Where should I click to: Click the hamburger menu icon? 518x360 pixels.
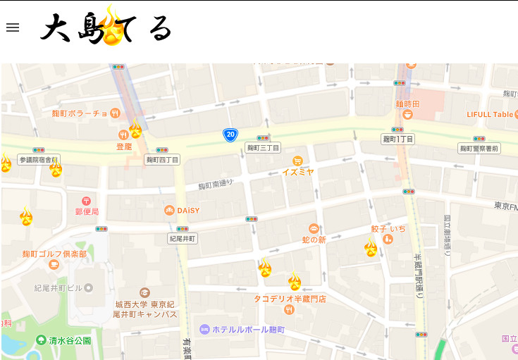pos(13,27)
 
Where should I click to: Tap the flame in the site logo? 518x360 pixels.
pos(113,27)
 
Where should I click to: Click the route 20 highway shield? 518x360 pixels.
pos(230,134)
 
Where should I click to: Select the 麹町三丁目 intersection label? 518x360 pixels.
pos(263,148)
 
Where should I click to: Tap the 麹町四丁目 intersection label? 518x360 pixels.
pos(162,160)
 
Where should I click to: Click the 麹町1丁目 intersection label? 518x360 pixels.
pos(398,139)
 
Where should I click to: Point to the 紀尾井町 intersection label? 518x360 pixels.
pos(183,239)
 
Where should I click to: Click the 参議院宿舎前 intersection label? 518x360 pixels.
pos(39,160)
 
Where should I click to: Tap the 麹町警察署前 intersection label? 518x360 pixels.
pos(479,149)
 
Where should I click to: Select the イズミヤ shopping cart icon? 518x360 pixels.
pos(298,161)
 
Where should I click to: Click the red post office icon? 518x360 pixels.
pos(87,201)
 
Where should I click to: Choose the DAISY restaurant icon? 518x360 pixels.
pos(169,210)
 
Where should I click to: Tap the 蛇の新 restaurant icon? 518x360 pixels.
pos(314,228)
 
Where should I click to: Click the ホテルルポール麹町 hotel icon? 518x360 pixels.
pos(204,329)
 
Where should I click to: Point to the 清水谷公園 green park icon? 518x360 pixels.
pos(41,340)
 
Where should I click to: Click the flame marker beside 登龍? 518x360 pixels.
pos(135,130)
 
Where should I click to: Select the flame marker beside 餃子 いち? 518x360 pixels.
pos(371,247)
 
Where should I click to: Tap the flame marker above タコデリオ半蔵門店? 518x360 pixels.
pos(295,282)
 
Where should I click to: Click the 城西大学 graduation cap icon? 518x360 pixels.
pos(144,292)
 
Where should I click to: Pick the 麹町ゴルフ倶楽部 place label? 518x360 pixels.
pos(54,254)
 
